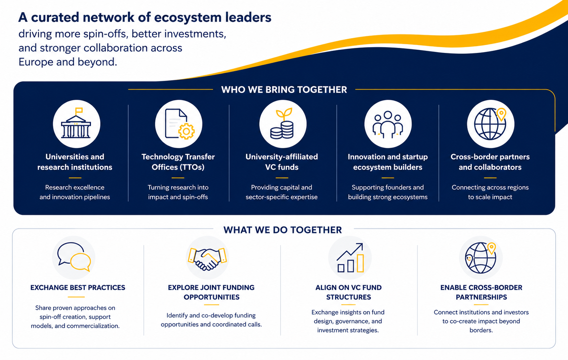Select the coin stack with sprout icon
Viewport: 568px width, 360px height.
[x=282, y=123]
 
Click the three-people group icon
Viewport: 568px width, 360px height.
[x=388, y=124]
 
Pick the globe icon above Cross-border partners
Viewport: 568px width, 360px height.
[x=490, y=124]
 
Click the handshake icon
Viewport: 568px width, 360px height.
[x=207, y=259]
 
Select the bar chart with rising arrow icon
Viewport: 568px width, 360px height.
[x=350, y=258]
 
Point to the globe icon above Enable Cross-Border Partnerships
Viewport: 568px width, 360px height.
[x=480, y=258]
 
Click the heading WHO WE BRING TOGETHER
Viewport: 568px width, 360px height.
[x=284, y=90]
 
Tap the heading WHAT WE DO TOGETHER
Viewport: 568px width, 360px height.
[x=283, y=230]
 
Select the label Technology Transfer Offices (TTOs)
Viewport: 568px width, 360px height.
[x=178, y=162]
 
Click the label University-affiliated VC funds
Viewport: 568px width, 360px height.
[x=282, y=162]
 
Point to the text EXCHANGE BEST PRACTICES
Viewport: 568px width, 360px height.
[x=78, y=288]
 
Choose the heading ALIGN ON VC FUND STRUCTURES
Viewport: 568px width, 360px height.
[x=348, y=292]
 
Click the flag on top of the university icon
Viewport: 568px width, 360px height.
[x=79, y=111]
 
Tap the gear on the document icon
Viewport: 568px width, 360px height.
[x=186, y=131]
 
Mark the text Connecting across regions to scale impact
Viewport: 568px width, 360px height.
[x=490, y=192]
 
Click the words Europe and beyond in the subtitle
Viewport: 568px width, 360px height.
[x=68, y=62]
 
